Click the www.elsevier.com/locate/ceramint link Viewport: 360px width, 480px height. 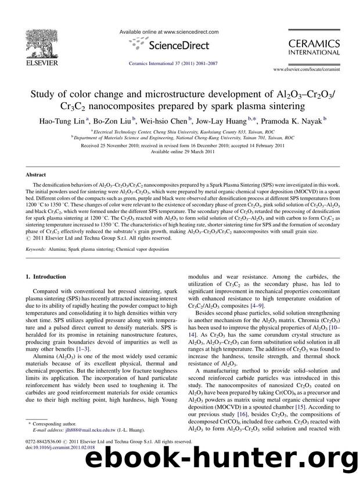click(314, 68)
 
